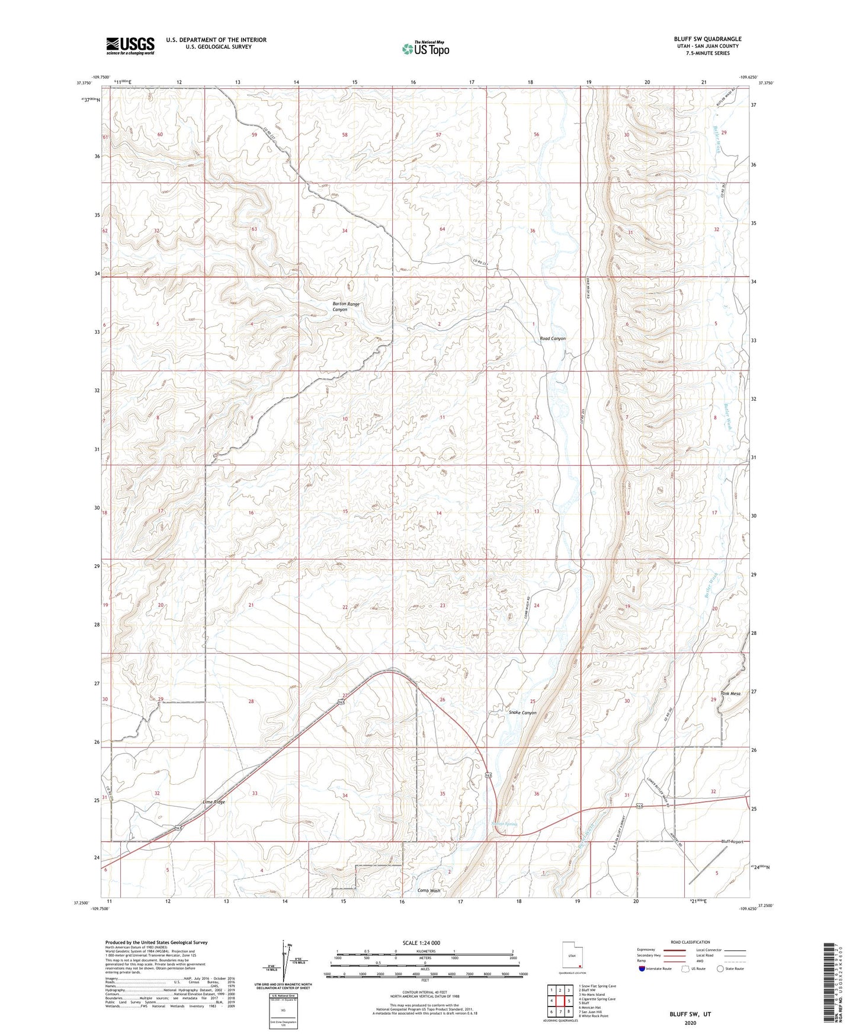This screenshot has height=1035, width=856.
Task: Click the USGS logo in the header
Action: click(130, 46)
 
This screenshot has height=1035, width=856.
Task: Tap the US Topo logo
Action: click(425, 49)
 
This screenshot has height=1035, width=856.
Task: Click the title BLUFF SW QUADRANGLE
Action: click(707, 39)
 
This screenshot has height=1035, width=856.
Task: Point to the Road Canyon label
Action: click(552, 338)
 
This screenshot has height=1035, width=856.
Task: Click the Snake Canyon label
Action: click(522, 713)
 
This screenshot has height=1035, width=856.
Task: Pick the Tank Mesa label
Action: click(730, 694)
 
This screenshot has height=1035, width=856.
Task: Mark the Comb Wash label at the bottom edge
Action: click(429, 890)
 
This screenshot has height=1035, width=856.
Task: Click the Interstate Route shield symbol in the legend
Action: click(644, 969)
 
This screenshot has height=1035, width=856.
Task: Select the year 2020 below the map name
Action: click(690, 1023)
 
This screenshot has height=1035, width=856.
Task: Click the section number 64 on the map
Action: click(442, 229)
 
